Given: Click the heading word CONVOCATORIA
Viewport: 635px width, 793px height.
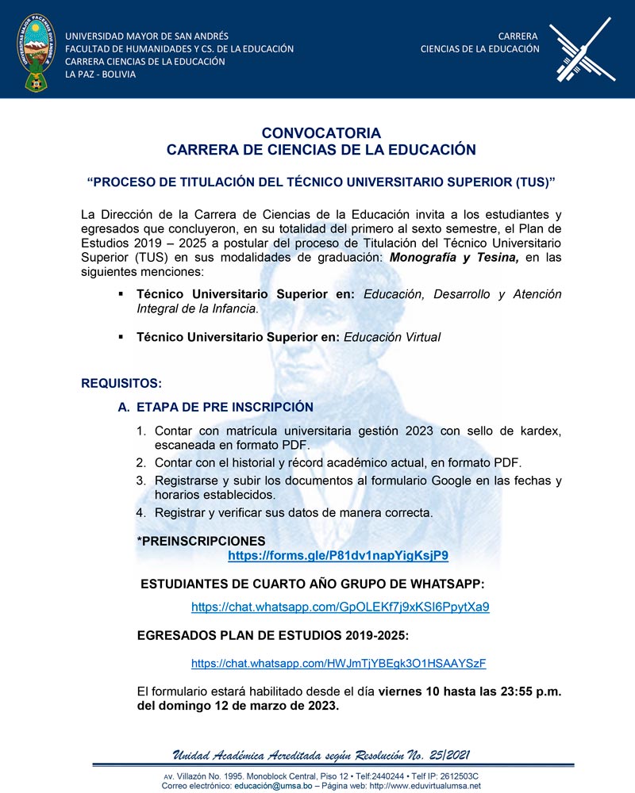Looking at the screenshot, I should click(321, 133).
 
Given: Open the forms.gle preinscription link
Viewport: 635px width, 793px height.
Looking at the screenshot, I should click(338, 556).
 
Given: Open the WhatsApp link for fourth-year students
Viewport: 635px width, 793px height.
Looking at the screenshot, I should click(340, 607).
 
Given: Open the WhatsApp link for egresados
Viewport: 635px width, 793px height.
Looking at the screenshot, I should click(338, 663).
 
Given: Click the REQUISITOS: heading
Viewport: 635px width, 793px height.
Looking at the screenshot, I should click(121, 384).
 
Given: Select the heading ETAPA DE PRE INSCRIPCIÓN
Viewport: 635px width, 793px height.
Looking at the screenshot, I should click(225, 408).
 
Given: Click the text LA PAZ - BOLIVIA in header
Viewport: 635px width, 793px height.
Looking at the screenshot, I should click(100, 75).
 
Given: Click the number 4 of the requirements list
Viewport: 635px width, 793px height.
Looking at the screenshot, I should click(140, 512).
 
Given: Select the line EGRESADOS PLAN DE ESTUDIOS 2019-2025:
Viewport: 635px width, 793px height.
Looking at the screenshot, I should click(273, 636).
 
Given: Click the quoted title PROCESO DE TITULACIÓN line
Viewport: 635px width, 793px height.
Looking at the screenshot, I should click(321, 182).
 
